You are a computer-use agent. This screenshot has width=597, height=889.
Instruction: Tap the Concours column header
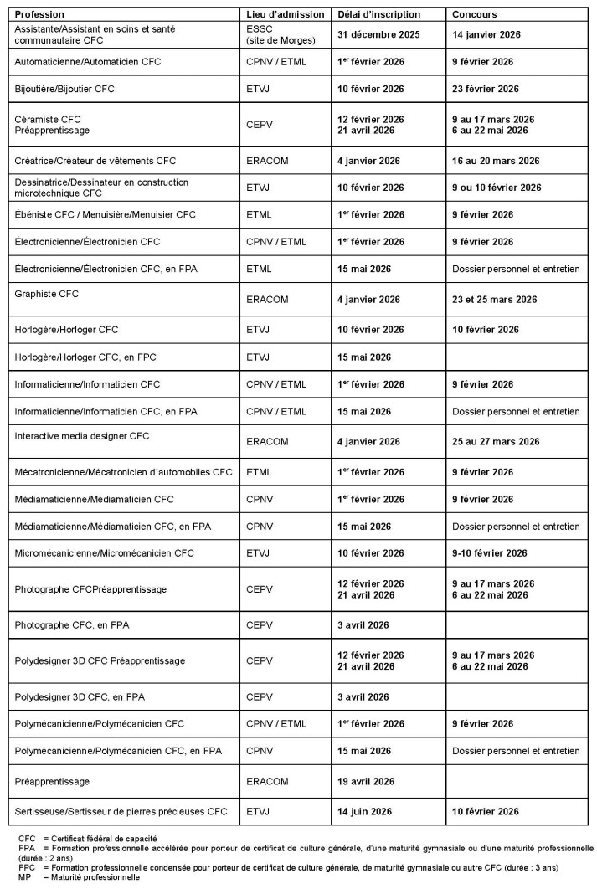(x=475, y=15)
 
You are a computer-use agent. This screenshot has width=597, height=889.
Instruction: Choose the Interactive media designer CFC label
(x=93, y=435)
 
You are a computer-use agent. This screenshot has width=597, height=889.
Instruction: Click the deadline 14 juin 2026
(x=369, y=811)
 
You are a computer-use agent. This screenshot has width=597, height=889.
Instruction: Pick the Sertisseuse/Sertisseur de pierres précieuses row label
(x=121, y=811)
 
